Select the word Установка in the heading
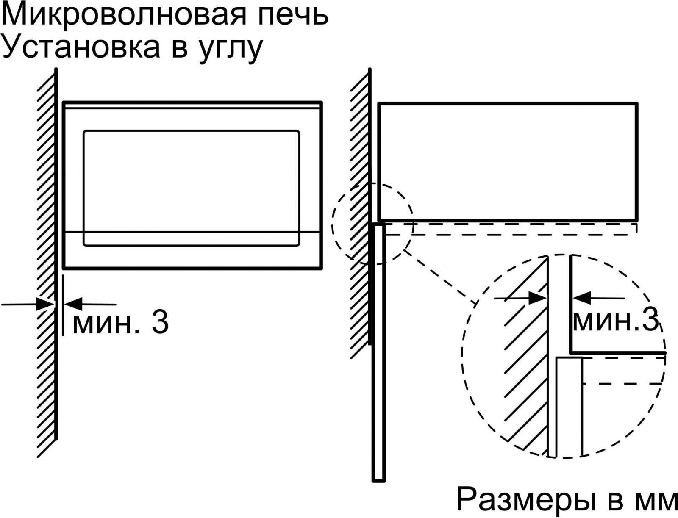[81, 47]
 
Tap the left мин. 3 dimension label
[121, 323]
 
